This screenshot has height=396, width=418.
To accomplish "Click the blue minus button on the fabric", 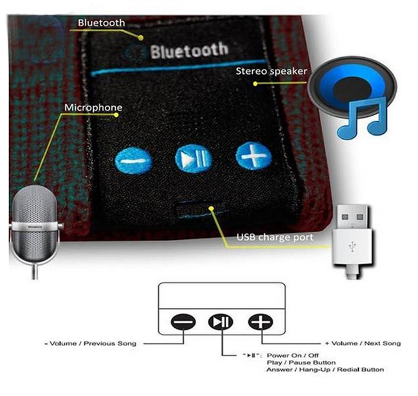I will (x=134, y=161).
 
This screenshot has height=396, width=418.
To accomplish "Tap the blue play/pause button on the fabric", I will (x=193, y=158).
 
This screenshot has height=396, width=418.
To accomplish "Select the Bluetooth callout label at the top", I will (x=102, y=23).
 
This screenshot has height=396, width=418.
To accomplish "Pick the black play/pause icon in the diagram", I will (x=220, y=320).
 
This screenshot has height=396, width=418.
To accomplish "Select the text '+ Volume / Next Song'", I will (x=364, y=343).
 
